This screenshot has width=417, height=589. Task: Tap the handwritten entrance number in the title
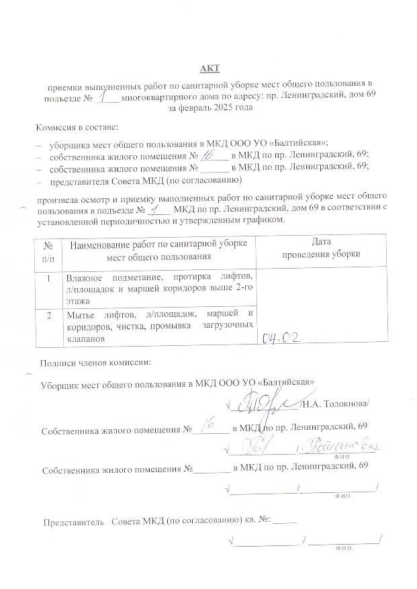tap(106, 97)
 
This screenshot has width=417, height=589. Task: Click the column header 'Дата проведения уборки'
tap(321, 248)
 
